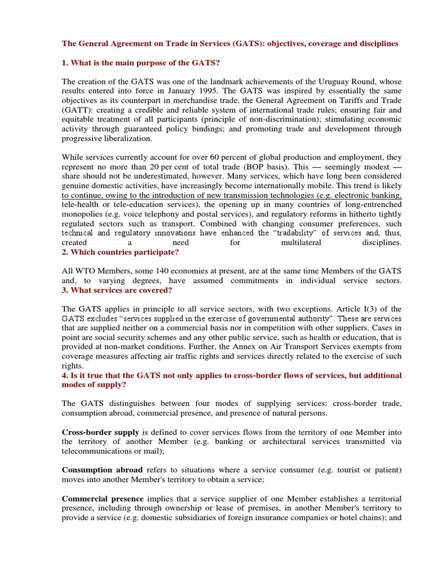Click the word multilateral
click(303, 242)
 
